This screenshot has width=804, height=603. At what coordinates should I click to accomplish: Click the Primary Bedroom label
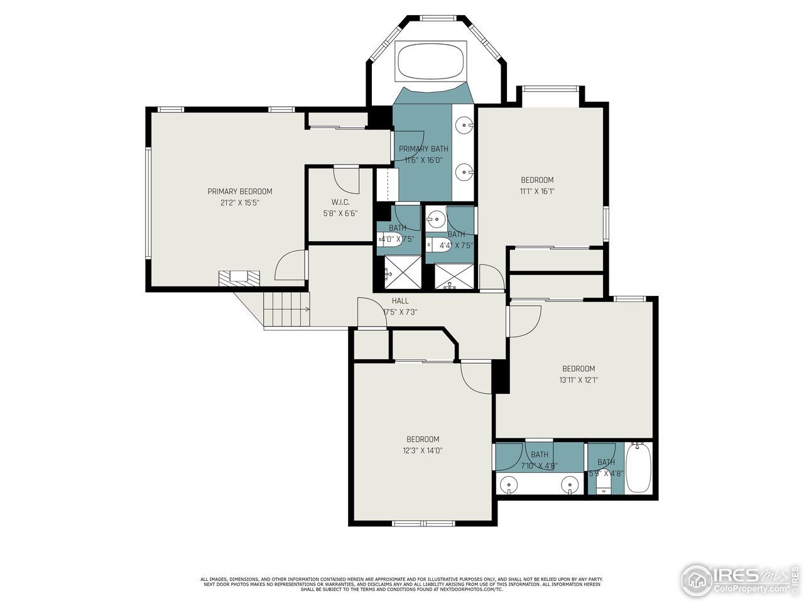pos(240,192)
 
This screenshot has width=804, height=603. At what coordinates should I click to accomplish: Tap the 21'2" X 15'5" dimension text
pos(240,203)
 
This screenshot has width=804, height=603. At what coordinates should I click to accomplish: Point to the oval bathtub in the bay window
pos(430,61)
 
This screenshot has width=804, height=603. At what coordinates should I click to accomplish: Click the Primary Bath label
pos(423,149)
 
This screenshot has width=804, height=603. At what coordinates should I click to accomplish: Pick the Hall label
pos(400,301)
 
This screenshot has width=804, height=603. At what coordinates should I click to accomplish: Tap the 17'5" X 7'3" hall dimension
pos(400,312)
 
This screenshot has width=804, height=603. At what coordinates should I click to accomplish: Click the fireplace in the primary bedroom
pos(239,277)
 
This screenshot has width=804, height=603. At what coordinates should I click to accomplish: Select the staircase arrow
pos(306,309)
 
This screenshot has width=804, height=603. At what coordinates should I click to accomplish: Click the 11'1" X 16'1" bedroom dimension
pos(537,192)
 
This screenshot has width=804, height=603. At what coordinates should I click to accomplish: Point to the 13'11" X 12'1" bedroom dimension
pos(579,379)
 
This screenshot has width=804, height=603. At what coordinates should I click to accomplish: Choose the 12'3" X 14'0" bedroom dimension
pos(422,450)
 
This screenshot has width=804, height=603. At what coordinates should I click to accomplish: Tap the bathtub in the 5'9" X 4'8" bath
pos(639,469)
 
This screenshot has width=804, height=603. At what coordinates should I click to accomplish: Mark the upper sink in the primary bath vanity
pos(464,125)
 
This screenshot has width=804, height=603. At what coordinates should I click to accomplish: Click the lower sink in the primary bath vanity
pos(464,170)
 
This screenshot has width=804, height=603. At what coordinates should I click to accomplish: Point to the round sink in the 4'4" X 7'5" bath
pos(435,220)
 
